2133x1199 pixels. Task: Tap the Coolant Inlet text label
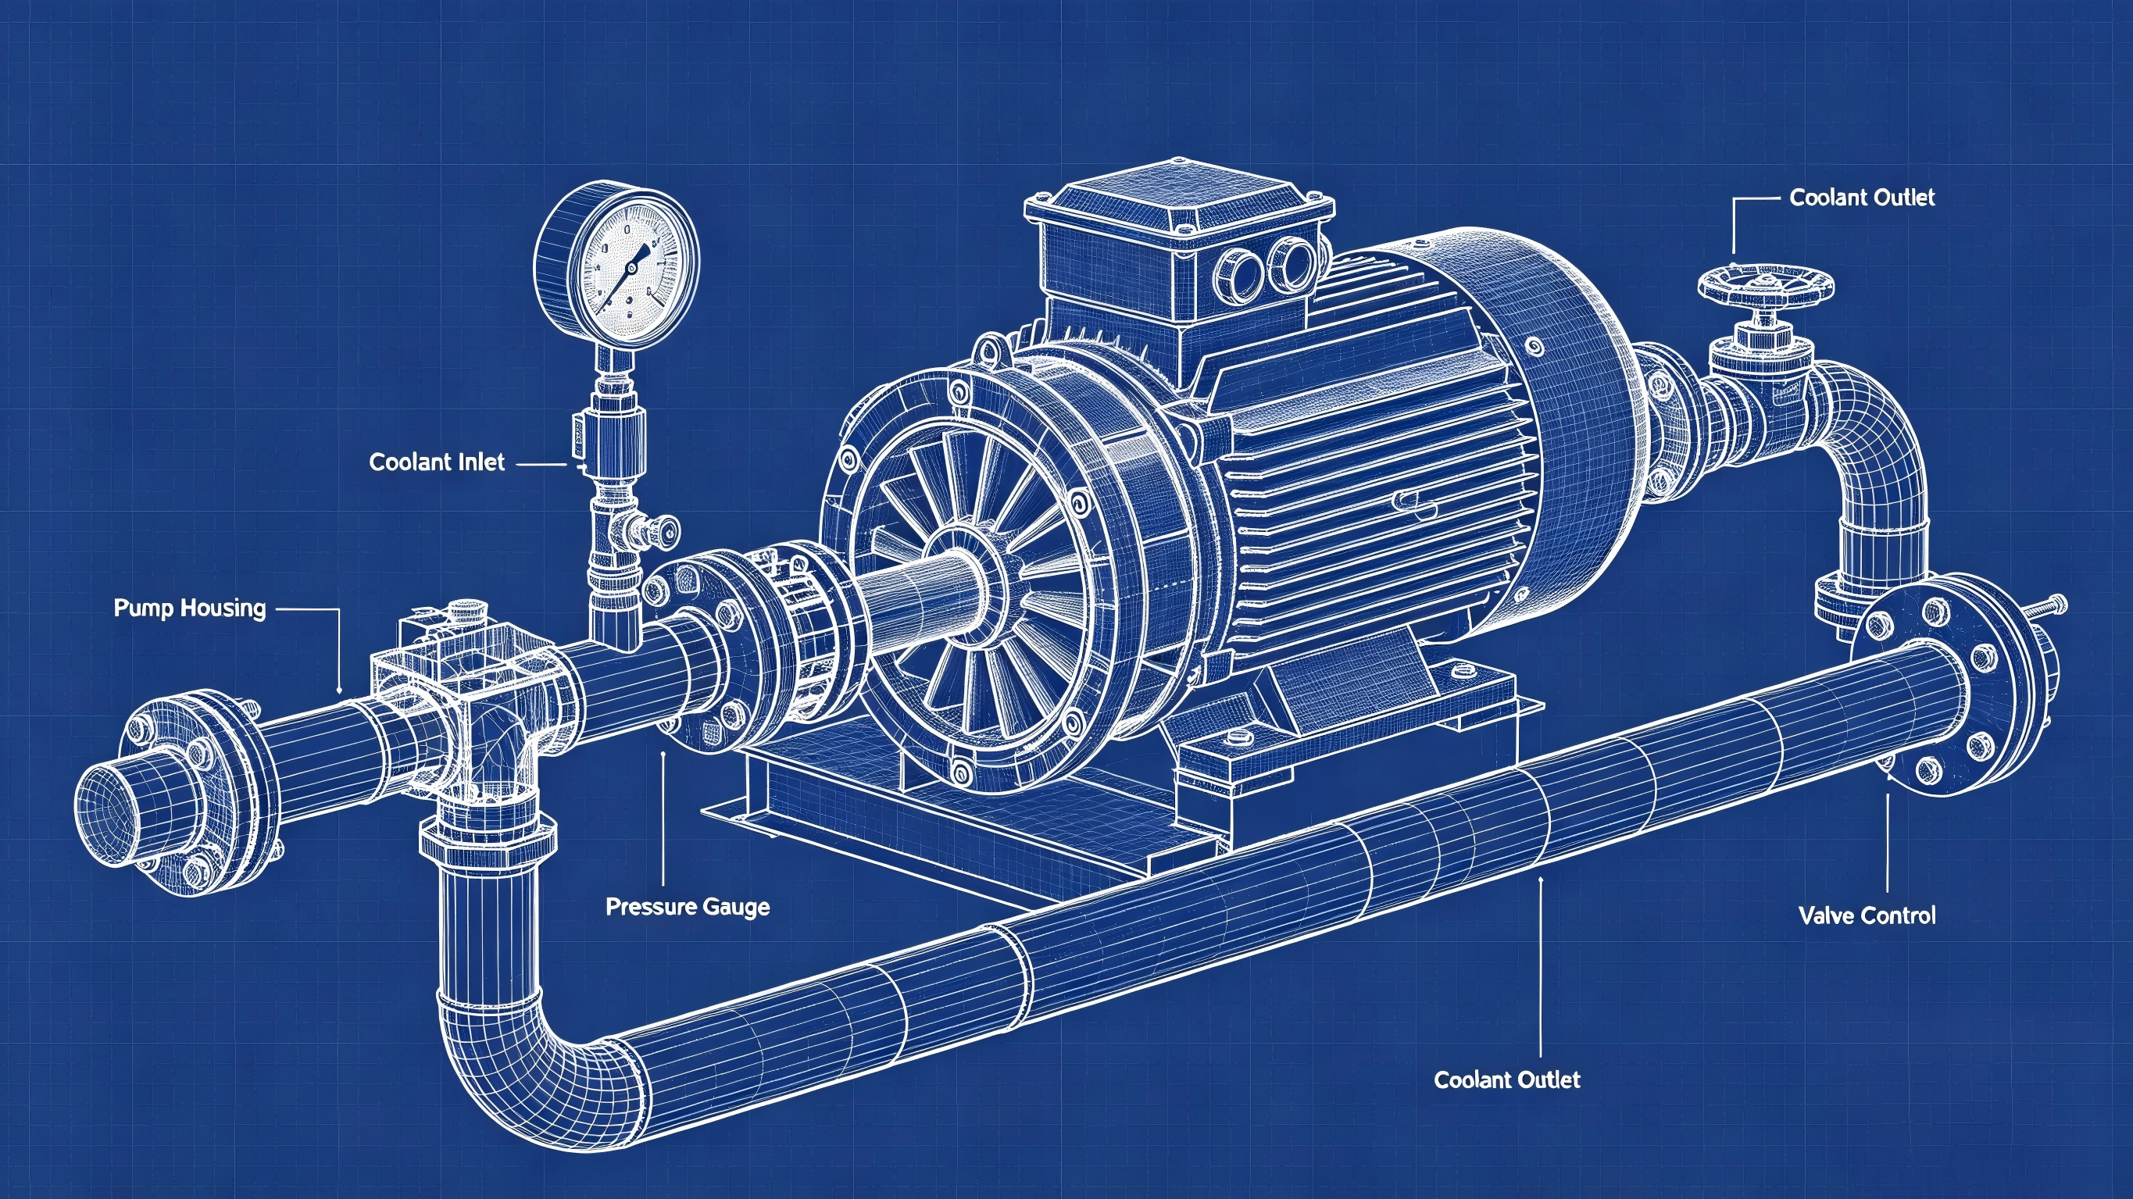(x=437, y=462)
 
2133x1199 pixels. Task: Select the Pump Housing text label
(x=190, y=608)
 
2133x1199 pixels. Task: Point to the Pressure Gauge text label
(x=688, y=907)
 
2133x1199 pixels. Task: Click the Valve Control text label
(x=1867, y=915)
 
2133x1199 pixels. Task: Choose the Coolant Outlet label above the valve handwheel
(x=1862, y=198)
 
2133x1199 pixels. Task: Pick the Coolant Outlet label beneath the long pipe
(x=1507, y=1079)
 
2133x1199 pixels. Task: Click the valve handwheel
(x=1764, y=285)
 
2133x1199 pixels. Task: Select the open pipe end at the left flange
(x=124, y=815)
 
